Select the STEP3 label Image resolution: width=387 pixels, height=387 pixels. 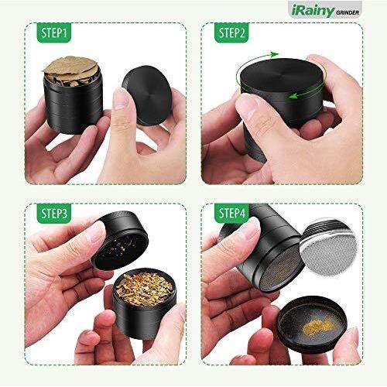point(53,213)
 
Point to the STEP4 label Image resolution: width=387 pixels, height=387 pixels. point(231,213)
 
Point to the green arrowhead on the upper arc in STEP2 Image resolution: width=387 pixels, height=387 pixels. point(273,54)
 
